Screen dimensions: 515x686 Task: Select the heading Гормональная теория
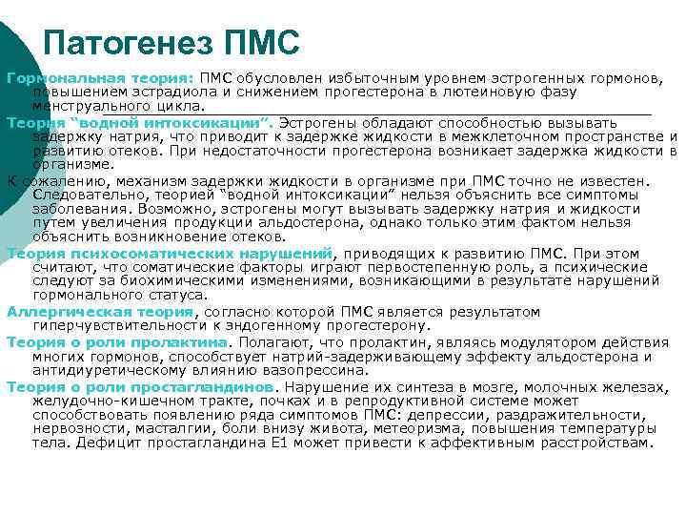(99, 76)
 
